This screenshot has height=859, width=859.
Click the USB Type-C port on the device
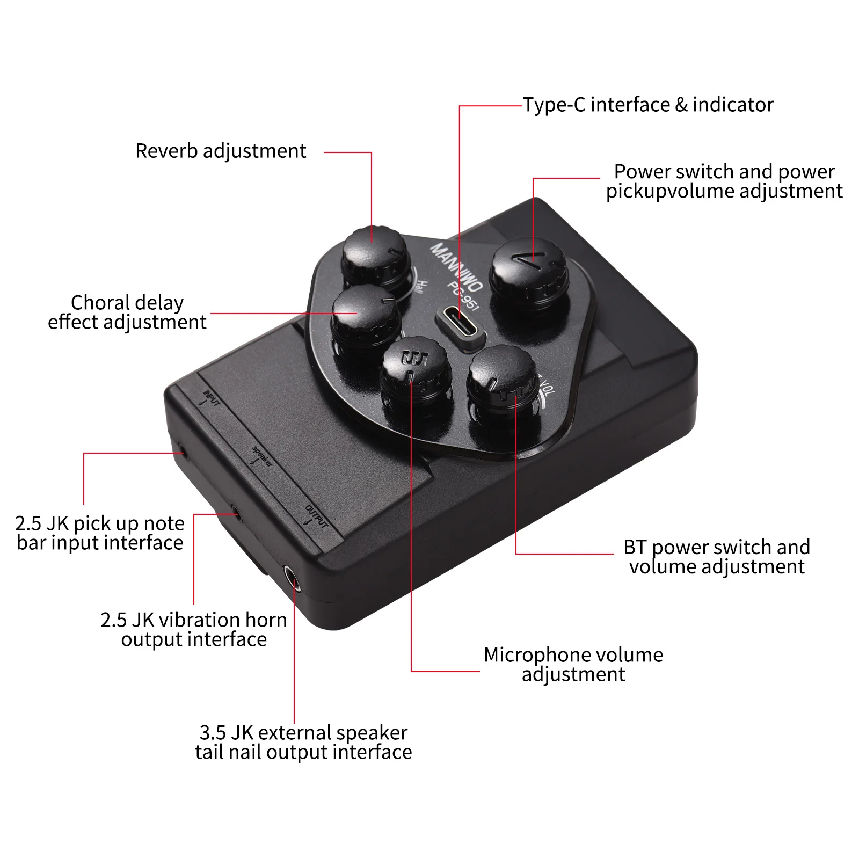[x=460, y=321]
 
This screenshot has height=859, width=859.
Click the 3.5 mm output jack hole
[x=291, y=578]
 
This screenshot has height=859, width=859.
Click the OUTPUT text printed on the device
[x=317, y=515]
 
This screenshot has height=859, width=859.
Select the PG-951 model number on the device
[x=463, y=295]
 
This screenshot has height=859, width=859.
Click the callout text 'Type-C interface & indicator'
[x=648, y=105]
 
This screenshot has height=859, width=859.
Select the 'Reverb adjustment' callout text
[x=221, y=151]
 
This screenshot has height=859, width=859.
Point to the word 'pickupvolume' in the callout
[x=671, y=191]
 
